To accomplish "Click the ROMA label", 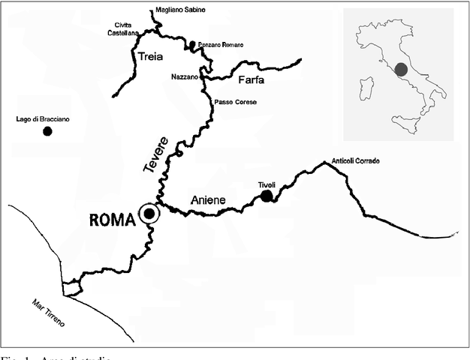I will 112,220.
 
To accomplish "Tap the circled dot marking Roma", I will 149,214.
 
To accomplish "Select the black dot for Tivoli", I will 267,196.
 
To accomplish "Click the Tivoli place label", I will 267,183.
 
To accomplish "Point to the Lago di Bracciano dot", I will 47,131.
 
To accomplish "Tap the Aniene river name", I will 207,199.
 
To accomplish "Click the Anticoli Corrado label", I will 356,161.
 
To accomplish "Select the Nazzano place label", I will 184,76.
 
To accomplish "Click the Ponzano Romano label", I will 221,45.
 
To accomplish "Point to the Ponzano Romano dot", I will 192,45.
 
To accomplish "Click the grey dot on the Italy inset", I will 401,70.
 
